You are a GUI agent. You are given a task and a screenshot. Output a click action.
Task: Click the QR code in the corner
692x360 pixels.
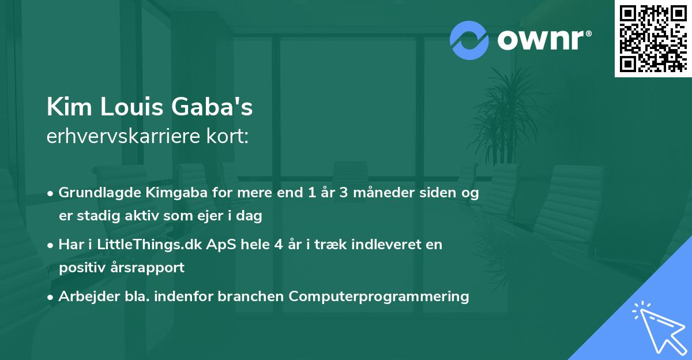tap(653, 38)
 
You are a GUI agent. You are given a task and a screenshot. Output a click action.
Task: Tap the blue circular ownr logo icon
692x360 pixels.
tap(469, 40)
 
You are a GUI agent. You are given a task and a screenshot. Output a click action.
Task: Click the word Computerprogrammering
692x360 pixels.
tap(379, 297)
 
